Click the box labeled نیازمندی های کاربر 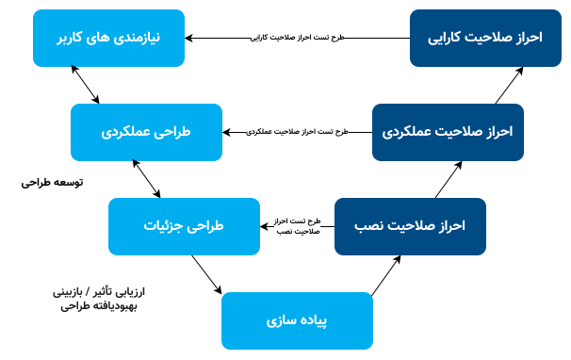107,38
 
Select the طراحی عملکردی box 146,132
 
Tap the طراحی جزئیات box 184,226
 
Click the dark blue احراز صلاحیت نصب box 410,226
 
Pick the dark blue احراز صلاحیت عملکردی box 448,132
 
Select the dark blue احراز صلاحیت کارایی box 485,38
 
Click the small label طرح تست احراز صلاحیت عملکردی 298,132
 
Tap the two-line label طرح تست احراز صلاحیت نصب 298,226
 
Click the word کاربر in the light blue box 76,39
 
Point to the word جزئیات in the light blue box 165,227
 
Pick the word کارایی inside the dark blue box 453,39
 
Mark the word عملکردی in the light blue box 125,133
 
